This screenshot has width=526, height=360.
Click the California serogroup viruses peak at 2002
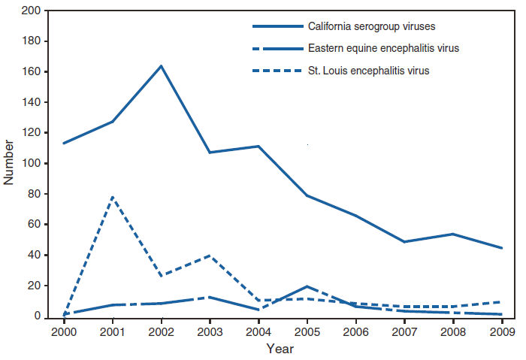tap(161, 66)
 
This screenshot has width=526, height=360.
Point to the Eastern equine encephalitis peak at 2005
tap(307, 286)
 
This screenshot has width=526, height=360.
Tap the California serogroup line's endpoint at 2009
tap(502, 248)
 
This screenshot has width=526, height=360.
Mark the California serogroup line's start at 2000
tap(63, 143)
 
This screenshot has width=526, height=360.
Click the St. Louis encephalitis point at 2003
tap(210, 256)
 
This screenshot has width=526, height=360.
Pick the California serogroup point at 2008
tap(453, 234)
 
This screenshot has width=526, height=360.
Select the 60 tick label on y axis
tap(35, 225)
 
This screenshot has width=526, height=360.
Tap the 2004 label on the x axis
tap(258, 331)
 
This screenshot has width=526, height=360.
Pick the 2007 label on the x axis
tap(404, 331)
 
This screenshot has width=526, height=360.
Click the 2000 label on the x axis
tap(63, 331)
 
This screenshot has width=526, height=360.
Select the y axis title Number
tap(9, 163)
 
